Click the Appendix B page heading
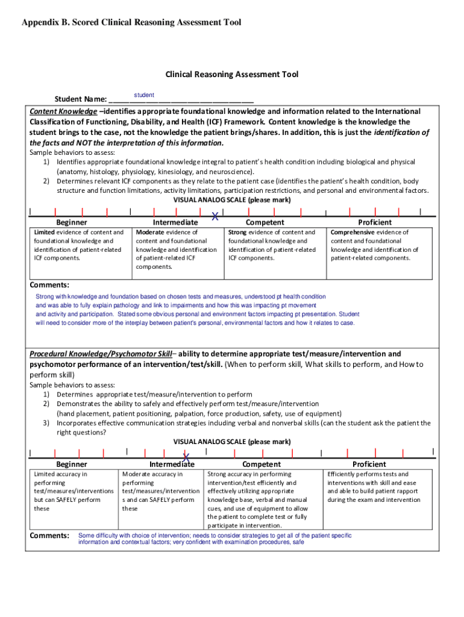(131, 22)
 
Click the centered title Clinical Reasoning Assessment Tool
(232, 75)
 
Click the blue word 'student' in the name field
(143, 95)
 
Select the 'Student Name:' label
(81, 99)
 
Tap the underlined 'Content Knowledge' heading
(63, 112)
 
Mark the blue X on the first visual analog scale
(215, 216)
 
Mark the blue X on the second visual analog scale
(186, 457)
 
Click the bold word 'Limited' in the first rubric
(45, 233)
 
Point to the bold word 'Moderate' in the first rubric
(150, 233)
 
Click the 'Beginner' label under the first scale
(71, 222)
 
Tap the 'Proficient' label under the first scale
(375, 222)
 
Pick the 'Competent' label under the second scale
(262, 464)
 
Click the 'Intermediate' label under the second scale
(172, 464)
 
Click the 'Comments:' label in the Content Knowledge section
(49, 284)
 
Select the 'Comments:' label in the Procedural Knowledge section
(49, 535)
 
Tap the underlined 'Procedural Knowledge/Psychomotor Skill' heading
(101, 354)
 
